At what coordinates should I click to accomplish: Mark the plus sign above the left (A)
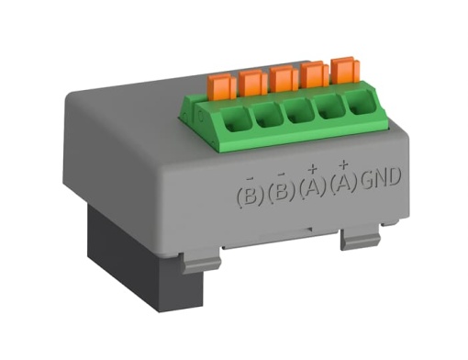tap(313, 167)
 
